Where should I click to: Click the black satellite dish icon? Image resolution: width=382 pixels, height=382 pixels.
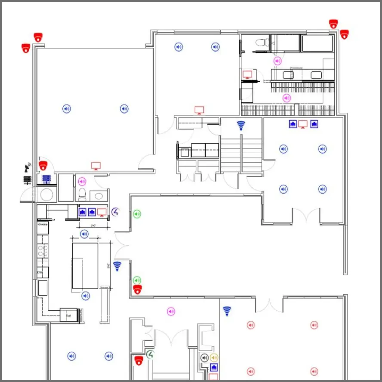click(x=28, y=166)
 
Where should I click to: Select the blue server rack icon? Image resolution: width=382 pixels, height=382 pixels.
click(x=46, y=179)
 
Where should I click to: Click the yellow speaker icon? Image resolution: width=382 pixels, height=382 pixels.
click(x=214, y=357)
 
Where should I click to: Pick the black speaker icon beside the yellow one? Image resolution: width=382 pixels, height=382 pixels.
click(x=205, y=357)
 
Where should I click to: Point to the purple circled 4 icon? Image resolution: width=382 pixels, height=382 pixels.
click(x=115, y=212)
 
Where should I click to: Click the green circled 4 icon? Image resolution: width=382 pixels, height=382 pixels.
click(x=150, y=355)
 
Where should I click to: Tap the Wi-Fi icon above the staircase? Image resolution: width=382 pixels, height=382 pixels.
click(x=241, y=126)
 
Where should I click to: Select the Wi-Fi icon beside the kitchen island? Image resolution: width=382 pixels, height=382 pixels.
click(x=117, y=266)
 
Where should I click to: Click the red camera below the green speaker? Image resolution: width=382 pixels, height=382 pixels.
click(x=137, y=289)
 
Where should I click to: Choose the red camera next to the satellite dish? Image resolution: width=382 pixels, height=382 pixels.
click(x=43, y=166)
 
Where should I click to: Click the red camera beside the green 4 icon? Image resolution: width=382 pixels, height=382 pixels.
click(x=139, y=360)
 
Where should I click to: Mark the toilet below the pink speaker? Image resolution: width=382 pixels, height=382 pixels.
click(x=83, y=194)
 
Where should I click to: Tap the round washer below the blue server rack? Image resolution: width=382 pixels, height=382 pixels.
click(x=46, y=194)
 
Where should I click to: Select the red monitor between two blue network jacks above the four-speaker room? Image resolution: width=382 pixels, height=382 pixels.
click(x=303, y=124)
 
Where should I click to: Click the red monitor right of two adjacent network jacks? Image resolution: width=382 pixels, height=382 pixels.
click(x=102, y=212)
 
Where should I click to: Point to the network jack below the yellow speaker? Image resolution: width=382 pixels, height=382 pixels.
click(x=214, y=367)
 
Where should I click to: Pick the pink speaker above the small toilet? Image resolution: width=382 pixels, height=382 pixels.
click(x=82, y=182)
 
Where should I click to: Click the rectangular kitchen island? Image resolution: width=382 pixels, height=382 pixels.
click(x=85, y=265)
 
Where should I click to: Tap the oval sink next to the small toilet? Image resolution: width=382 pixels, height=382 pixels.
click(x=99, y=196)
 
